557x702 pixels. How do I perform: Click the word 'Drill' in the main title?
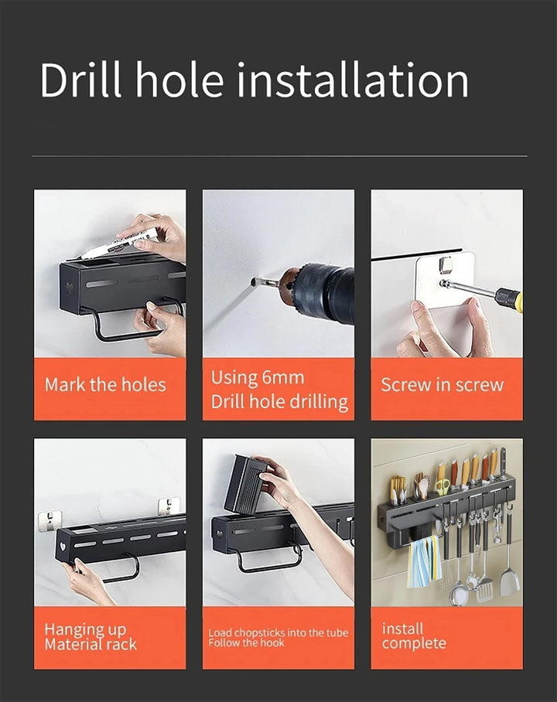80,80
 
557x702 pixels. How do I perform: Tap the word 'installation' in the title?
353,80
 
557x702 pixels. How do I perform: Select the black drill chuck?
326,292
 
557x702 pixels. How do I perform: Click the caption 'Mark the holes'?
105,385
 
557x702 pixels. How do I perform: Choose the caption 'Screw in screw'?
443,385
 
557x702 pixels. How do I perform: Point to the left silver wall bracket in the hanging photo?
50,521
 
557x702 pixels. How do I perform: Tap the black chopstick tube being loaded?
245,485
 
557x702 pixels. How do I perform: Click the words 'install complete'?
414,636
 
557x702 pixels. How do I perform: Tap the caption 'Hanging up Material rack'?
91,636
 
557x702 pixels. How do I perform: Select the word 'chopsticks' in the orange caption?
259,633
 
